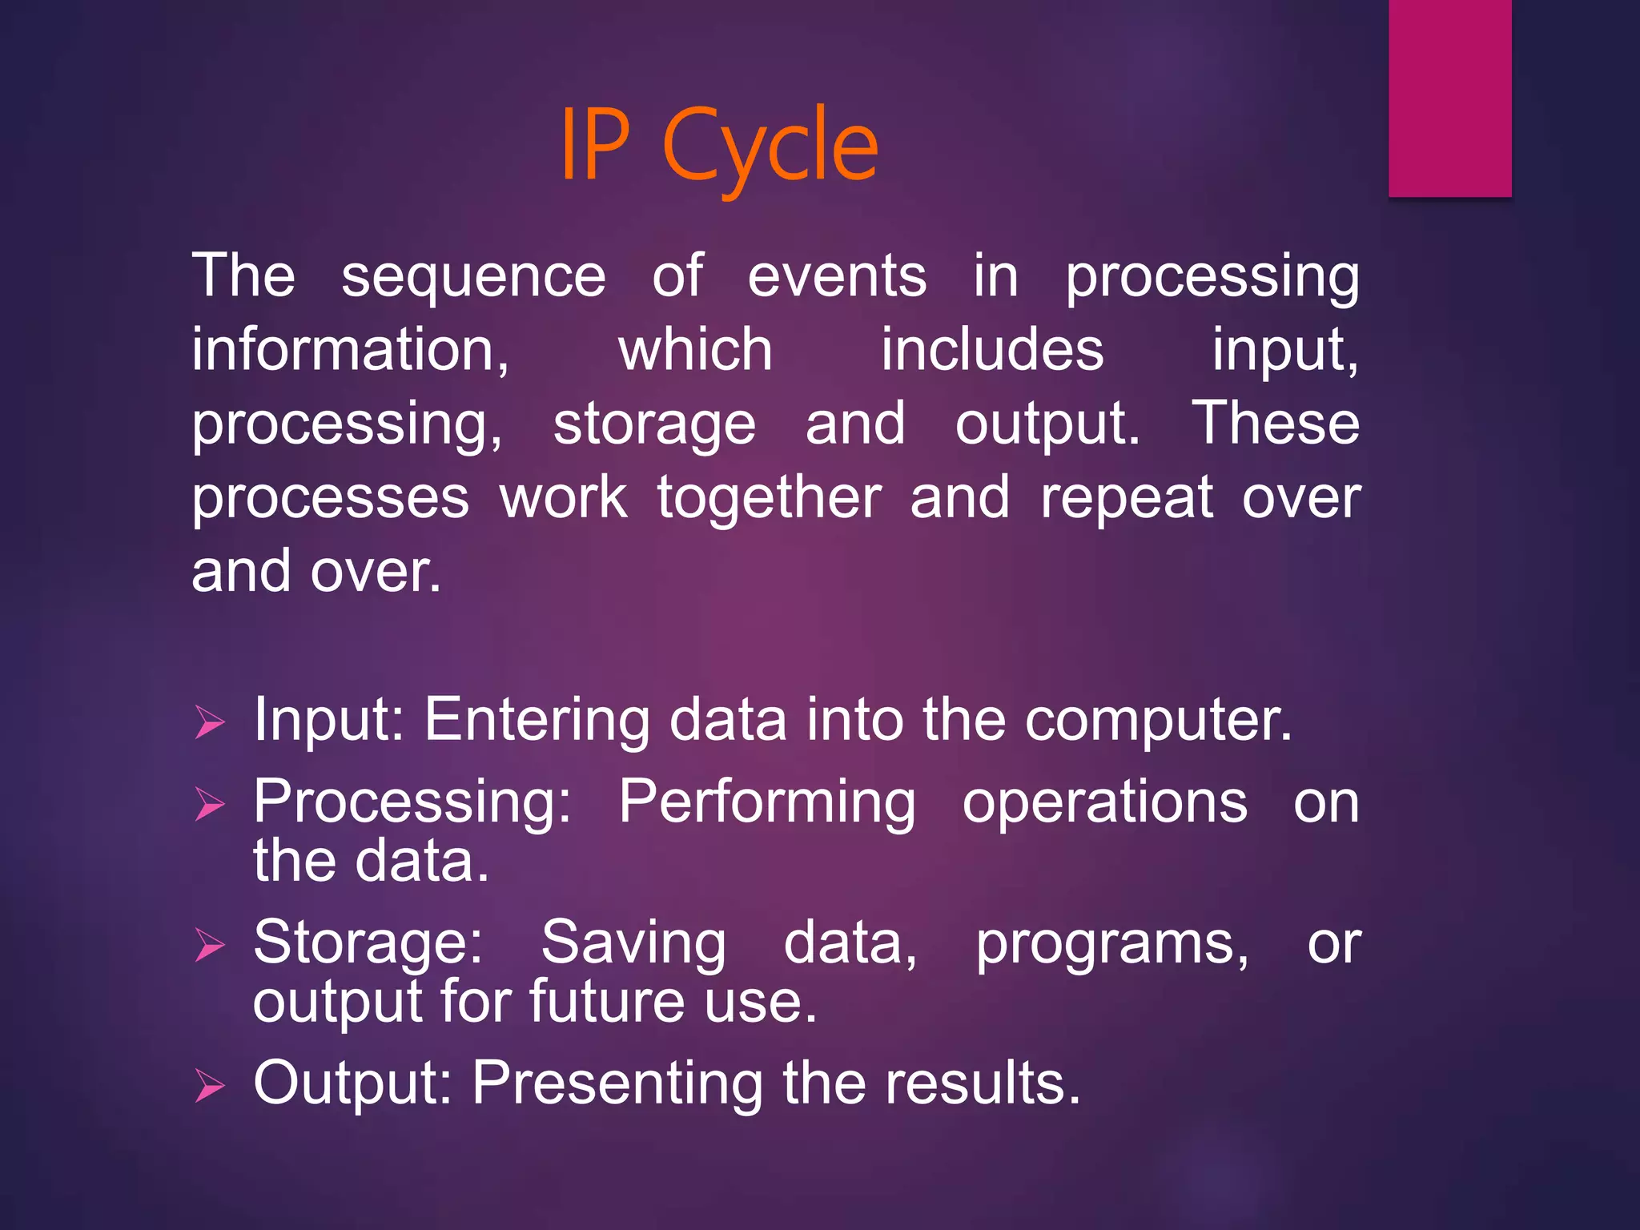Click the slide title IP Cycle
pos(718,147)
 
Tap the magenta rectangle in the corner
pos(1449,98)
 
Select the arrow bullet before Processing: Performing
pos(210,804)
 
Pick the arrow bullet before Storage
pos(210,945)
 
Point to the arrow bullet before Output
pos(210,1086)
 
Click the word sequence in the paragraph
pos(473,277)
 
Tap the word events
pos(837,275)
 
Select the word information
pos(350,350)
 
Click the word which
pos(695,350)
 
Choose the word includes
pos(992,350)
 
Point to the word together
pos(769,497)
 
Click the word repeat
pos(1126,499)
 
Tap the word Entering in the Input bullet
pos(537,721)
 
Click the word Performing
pos(766,803)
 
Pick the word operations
pos(1104,803)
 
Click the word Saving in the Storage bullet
pos(633,944)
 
